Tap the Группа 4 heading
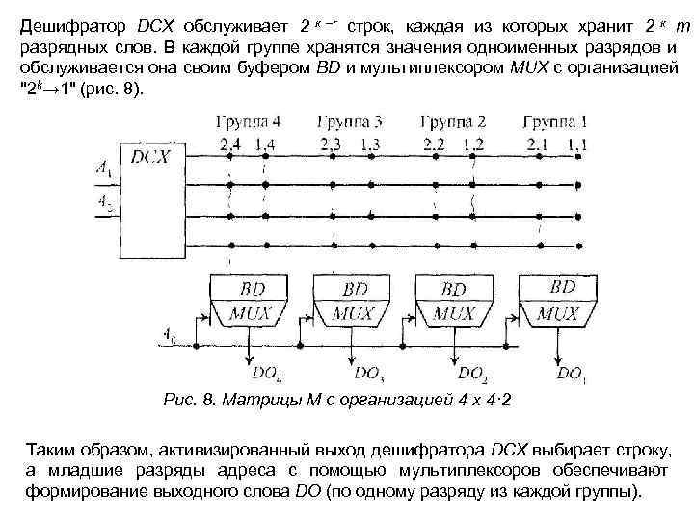tap(250, 122)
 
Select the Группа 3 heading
tap(351, 122)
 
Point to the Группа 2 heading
tap(452, 122)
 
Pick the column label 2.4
tap(230, 144)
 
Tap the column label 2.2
tap(434, 144)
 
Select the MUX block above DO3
tap(354, 313)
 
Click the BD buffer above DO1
tap(563, 288)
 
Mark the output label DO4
tap(267, 372)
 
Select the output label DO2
tap(473, 372)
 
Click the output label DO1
tap(572, 372)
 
